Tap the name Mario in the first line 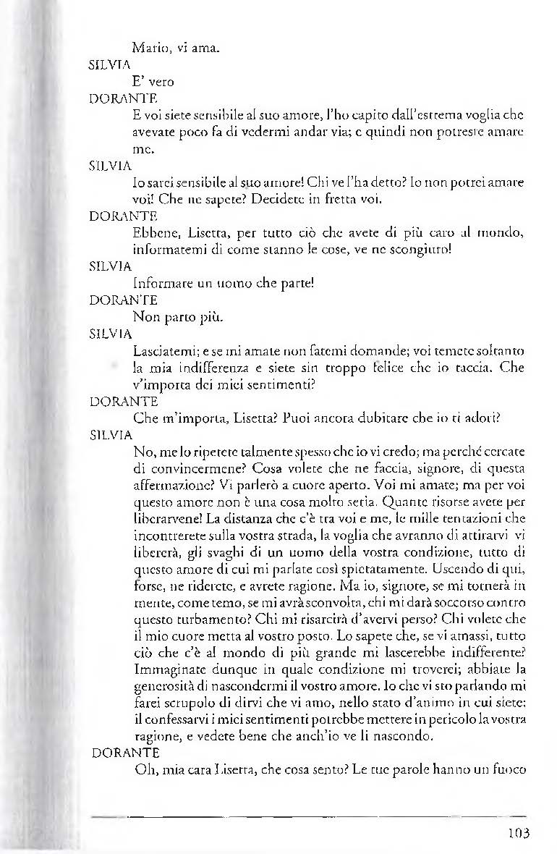(150, 49)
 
